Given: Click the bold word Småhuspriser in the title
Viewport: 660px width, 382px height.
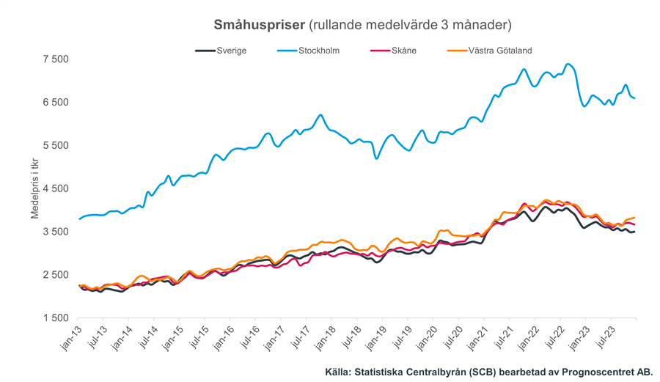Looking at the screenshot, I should coord(259,25).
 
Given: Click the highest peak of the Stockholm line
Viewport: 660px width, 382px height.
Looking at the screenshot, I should coord(568,65).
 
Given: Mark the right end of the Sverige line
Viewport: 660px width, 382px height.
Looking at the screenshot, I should coord(634,232).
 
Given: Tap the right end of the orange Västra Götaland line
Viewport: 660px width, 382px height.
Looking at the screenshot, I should coord(634,218).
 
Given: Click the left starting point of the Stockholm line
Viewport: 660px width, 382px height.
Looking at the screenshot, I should coord(79,218).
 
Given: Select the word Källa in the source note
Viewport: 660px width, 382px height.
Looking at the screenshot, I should coord(339,372).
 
